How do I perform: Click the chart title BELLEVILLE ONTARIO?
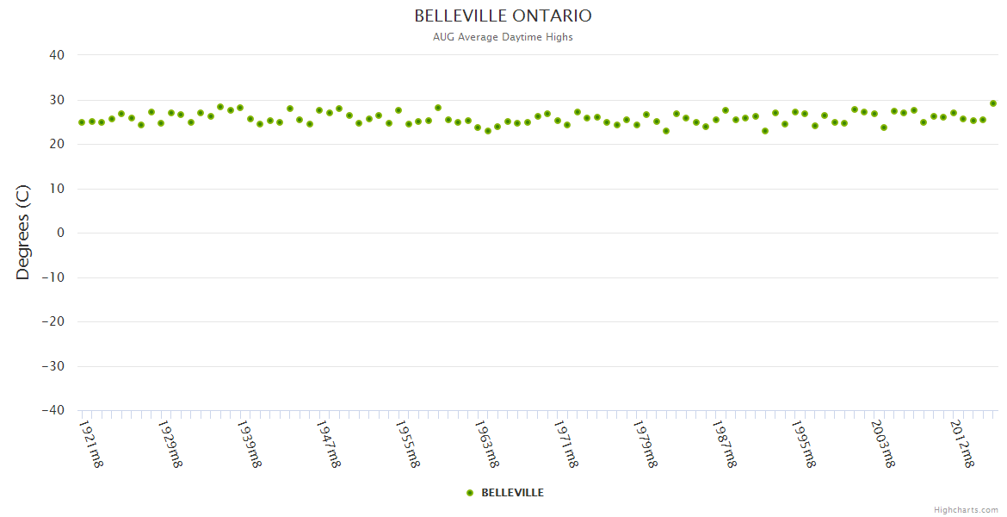(x=503, y=16)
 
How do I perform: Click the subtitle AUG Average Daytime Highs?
(x=503, y=37)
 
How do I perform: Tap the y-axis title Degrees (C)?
(x=23, y=232)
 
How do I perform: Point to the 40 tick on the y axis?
(x=57, y=55)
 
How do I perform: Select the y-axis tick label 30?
(x=57, y=100)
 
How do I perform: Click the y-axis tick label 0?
(x=60, y=233)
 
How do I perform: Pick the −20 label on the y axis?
(x=53, y=321)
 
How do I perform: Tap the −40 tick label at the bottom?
(x=53, y=410)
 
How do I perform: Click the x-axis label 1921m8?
(x=91, y=443)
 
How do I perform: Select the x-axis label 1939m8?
(x=249, y=443)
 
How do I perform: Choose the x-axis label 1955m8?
(x=407, y=443)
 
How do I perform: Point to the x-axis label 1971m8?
(x=565, y=443)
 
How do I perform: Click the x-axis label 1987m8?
(x=724, y=443)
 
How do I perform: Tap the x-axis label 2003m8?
(x=882, y=443)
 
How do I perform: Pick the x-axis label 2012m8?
(x=961, y=443)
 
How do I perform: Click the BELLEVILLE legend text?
(x=512, y=493)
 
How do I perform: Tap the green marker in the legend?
(x=470, y=493)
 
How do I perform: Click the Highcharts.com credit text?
(x=966, y=510)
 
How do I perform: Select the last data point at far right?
(x=992, y=103)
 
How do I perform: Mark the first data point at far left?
(x=82, y=122)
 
